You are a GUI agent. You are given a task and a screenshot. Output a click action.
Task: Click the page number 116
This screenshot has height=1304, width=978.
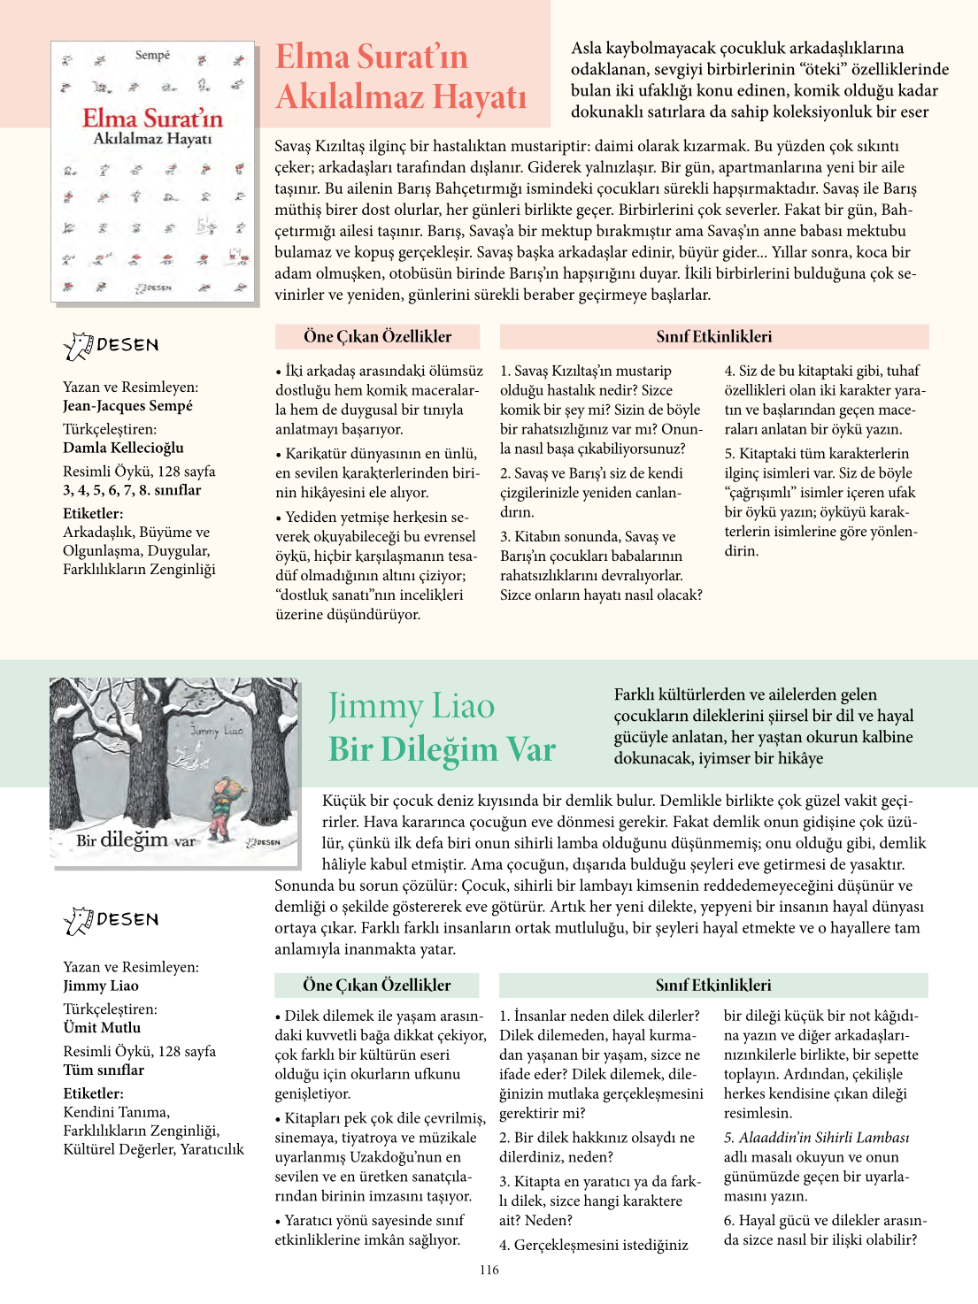click(x=489, y=1269)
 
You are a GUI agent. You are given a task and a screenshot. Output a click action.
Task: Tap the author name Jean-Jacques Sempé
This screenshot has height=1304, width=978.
click(x=127, y=406)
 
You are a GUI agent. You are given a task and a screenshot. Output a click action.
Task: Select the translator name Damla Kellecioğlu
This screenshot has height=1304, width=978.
click(x=123, y=448)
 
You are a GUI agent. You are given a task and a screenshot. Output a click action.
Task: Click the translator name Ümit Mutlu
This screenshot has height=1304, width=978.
click(x=102, y=1028)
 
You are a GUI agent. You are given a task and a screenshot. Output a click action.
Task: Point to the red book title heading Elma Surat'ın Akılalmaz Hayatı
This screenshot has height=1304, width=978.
click(x=400, y=77)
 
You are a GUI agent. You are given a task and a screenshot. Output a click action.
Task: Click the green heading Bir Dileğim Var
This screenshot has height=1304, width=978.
click(x=442, y=749)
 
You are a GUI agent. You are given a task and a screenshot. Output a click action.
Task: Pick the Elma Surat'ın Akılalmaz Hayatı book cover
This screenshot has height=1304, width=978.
click(x=153, y=172)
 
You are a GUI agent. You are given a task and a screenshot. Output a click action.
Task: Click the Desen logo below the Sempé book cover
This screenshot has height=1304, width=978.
click(x=112, y=345)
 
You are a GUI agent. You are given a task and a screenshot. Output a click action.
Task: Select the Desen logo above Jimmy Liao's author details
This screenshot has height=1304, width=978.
click(x=112, y=920)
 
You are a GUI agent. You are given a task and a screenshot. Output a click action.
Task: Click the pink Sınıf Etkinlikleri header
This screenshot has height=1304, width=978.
click(x=713, y=337)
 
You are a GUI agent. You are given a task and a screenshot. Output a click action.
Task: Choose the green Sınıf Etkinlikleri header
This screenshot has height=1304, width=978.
click(x=712, y=986)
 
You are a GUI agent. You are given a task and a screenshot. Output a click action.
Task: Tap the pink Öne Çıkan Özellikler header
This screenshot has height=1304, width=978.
click(x=377, y=337)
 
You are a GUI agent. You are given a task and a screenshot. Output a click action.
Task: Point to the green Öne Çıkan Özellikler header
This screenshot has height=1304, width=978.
click(x=376, y=986)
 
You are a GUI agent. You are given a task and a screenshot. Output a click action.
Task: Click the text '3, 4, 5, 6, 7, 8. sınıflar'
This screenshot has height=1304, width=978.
click(x=132, y=490)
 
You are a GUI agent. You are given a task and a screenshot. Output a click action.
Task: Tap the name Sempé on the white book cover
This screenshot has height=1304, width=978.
click(x=152, y=55)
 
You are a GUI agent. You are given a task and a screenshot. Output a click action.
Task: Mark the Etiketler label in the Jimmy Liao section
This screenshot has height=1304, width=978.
click(x=93, y=1093)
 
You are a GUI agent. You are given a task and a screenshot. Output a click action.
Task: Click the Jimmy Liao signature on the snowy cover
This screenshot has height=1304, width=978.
click(x=216, y=731)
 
